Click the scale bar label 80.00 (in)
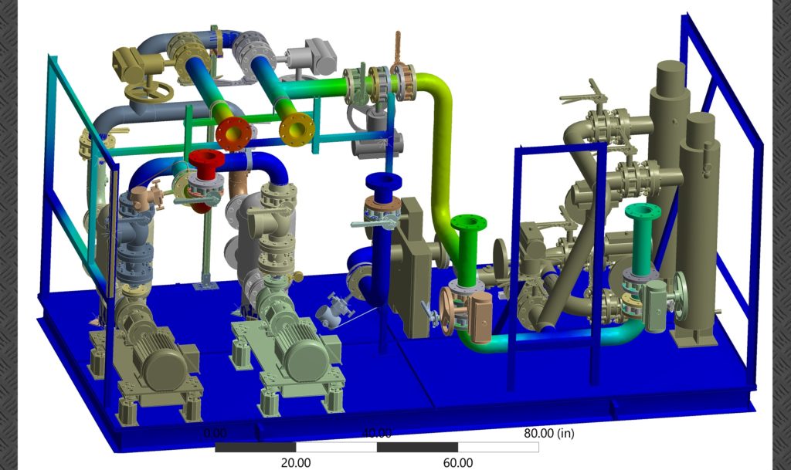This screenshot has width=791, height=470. (x=548, y=433)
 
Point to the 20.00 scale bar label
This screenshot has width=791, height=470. (x=296, y=462)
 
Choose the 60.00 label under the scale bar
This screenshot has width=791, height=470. (x=458, y=462)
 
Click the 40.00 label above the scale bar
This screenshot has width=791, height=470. (x=377, y=433)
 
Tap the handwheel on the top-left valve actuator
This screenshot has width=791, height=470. (x=144, y=93)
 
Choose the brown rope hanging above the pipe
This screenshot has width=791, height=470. (x=399, y=51)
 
